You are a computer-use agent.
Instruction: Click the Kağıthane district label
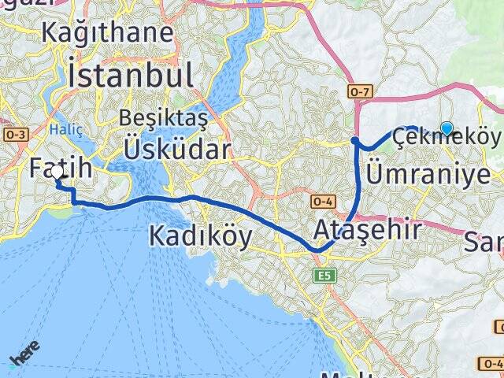[x=108, y=34]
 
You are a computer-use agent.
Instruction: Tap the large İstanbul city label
[x=131, y=76]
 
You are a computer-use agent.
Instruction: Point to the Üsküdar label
[x=176, y=149]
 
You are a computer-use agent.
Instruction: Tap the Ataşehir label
[x=367, y=231]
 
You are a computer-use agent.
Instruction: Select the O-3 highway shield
[x=16, y=135]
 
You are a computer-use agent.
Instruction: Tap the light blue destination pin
[x=447, y=128]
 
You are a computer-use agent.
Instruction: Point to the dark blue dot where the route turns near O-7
[x=355, y=142]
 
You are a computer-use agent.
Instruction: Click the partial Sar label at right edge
[x=486, y=239]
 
